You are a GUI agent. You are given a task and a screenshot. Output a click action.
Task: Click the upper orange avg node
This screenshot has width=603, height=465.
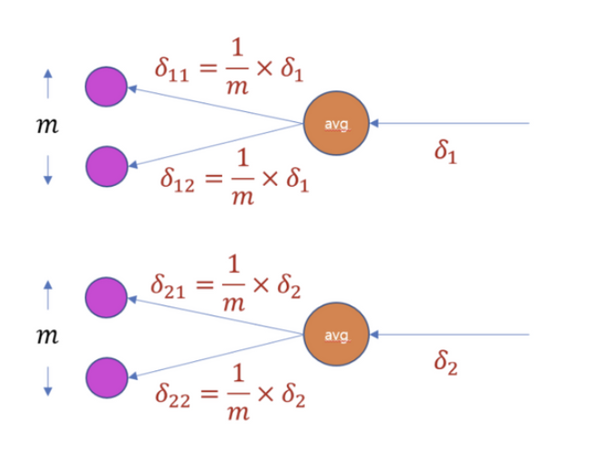point(336,124)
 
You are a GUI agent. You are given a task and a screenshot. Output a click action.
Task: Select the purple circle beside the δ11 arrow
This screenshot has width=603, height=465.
point(106,87)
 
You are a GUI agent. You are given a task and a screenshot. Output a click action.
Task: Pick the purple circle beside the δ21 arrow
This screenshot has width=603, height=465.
point(106,296)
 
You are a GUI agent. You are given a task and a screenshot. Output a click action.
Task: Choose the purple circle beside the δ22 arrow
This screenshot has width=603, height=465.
point(106,377)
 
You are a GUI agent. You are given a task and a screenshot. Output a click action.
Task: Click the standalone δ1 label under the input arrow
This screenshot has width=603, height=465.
point(446,154)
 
